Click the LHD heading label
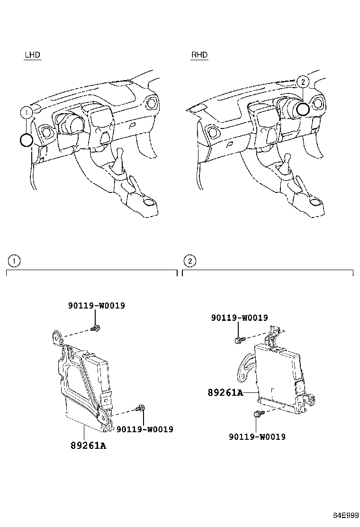coord(32,55)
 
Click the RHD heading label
coord(199,55)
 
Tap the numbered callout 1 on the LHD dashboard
coord(27,112)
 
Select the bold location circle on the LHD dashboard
coord(27,140)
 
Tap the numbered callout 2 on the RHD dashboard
coord(303,82)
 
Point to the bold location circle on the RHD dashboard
coord(303,109)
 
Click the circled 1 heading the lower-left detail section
coord(14,261)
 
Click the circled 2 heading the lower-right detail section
coord(189,261)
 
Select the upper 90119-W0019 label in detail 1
coord(96,306)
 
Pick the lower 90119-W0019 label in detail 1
coord(144,429)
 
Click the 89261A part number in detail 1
coord(88,445)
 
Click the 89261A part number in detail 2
coord(225,392)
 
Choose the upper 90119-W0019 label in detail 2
coord(240,318)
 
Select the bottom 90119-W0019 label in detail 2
coord(257,436)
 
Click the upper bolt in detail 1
coord(96,327)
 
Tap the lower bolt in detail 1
coord(141,408)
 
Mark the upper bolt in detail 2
coord(238,340)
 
